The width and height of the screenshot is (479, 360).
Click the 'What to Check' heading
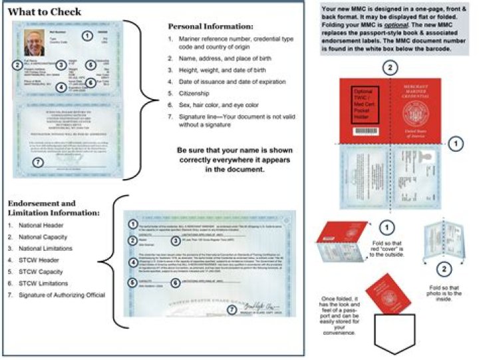click(x=44, y=11)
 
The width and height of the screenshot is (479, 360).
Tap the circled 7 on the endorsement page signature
click(x=231, y=309)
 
